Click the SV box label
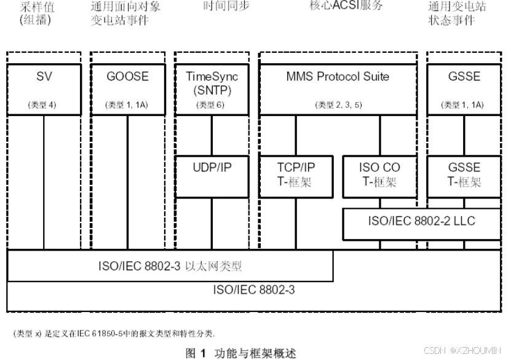click(43, 77)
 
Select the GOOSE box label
click(127, 77)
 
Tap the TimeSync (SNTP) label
click(212, 83)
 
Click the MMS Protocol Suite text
click(338, 77)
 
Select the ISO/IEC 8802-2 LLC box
click(421, 221)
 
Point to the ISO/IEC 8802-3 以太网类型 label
click(170, 267)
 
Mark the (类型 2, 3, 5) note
click(338, 105)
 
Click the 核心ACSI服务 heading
click(346, 6)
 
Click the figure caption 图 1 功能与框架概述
click(241, 353)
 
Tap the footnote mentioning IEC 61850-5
click(114, 334)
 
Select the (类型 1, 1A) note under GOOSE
click(127, 105)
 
